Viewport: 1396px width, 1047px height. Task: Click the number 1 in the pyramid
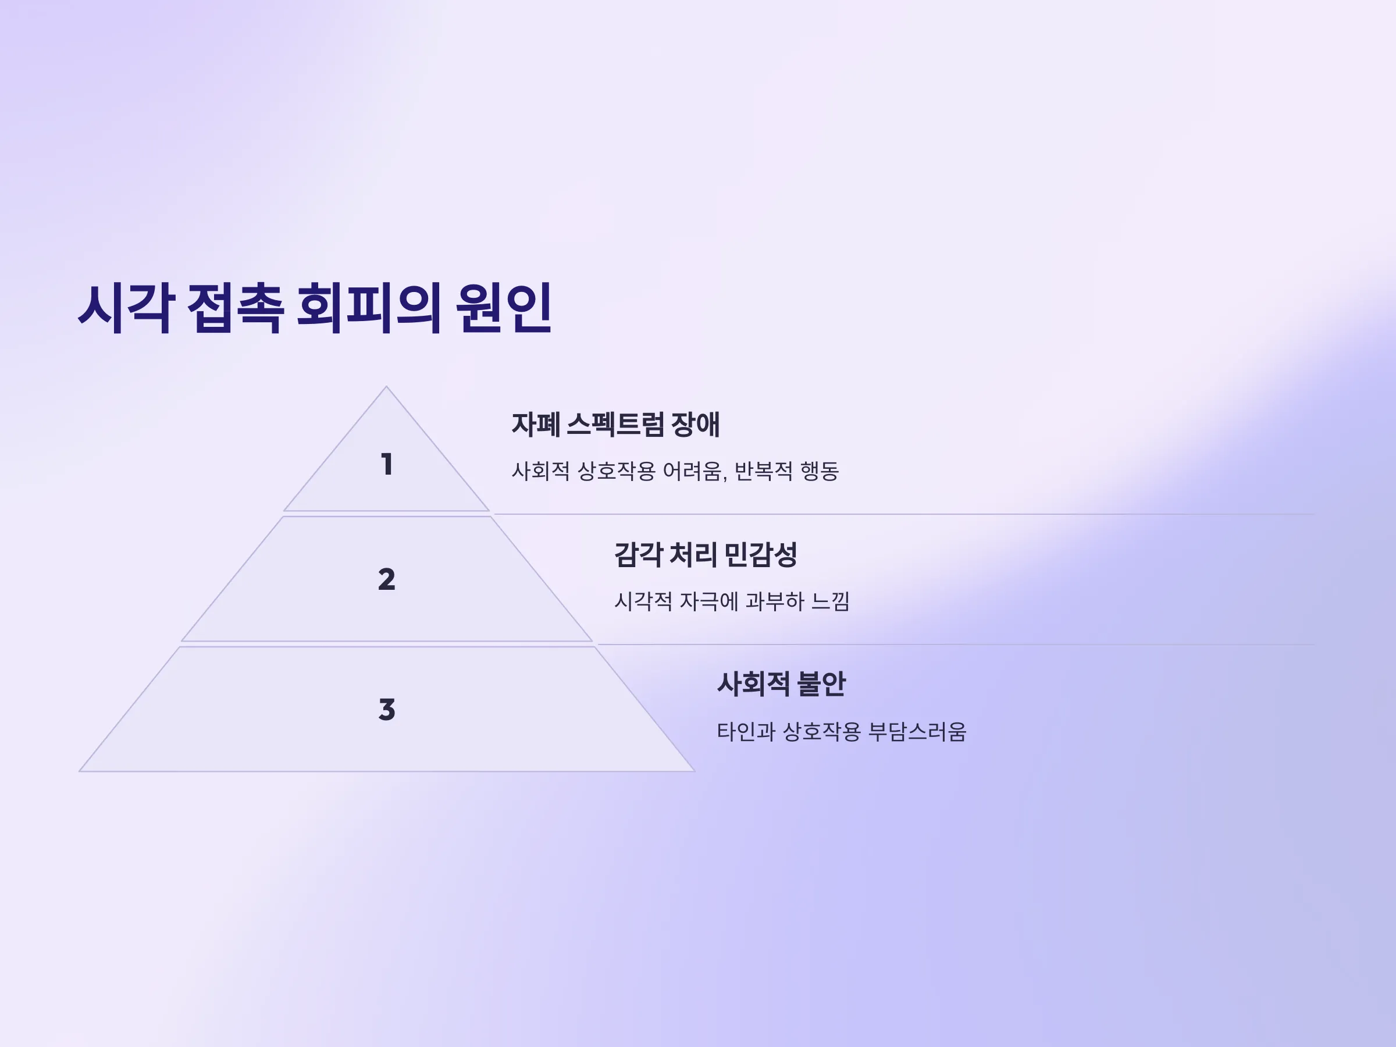387,465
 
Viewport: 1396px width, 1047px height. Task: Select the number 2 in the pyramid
387,579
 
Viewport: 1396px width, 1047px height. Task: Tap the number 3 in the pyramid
387,710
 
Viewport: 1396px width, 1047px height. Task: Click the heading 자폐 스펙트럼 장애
615,424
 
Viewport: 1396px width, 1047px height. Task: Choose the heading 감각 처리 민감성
706,555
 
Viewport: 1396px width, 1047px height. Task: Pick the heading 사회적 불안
781,684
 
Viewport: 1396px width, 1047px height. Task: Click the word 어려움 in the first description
694,471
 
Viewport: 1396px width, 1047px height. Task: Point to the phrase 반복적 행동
786,471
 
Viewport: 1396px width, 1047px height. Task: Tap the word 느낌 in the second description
830,601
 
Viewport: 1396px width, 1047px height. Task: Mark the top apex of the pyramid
386,386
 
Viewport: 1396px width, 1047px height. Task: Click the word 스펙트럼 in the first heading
615,424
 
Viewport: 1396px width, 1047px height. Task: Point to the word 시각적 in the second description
643,601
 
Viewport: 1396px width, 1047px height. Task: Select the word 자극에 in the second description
708,601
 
